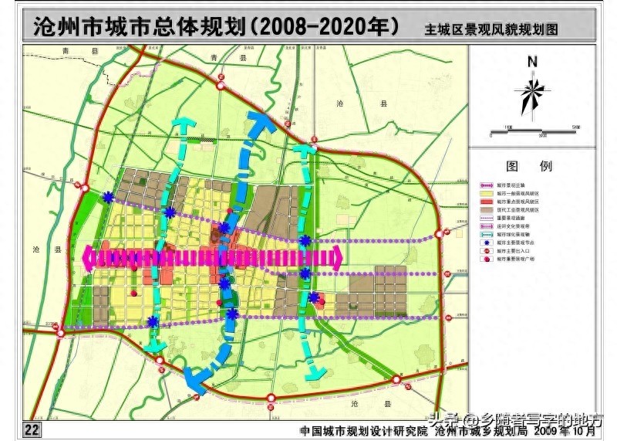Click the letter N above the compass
pos(532,62)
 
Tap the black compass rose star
pos(531,93)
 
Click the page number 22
pos(32,429)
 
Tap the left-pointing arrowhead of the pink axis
pos(88,257)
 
